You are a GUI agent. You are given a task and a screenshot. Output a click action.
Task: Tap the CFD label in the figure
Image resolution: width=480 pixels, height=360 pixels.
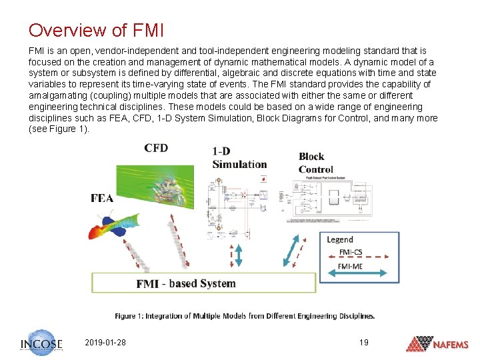156,148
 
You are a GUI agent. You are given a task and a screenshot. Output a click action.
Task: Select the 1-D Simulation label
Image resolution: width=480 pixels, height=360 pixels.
239,158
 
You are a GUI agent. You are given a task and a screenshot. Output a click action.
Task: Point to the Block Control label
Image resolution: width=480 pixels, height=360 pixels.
316,163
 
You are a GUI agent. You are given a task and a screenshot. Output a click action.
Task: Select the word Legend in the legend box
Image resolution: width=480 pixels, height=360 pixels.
340,239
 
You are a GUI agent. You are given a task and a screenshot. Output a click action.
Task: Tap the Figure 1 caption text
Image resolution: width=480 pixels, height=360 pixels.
245,316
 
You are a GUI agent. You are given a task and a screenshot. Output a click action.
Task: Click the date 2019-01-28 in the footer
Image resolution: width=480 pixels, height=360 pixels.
106,343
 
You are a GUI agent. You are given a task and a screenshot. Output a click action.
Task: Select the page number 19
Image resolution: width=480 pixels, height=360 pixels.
363,343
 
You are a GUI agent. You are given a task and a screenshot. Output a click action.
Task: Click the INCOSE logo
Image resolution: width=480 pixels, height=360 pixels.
41,343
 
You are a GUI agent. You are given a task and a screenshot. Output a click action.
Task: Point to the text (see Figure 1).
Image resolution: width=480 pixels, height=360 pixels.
59,129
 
